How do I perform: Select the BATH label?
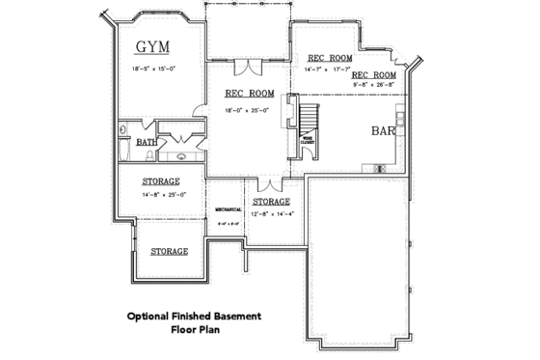pos(146,142)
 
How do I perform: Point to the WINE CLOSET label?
pos(306,140)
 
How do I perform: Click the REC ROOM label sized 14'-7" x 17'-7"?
pos(329,57)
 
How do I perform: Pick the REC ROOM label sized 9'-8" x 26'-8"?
pos(374,74)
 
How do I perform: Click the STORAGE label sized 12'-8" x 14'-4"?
pos(271,201)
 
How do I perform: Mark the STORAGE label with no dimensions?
pos(169,251)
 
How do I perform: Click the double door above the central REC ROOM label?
pos(249,67)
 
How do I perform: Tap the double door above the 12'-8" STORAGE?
pos(271,183)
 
